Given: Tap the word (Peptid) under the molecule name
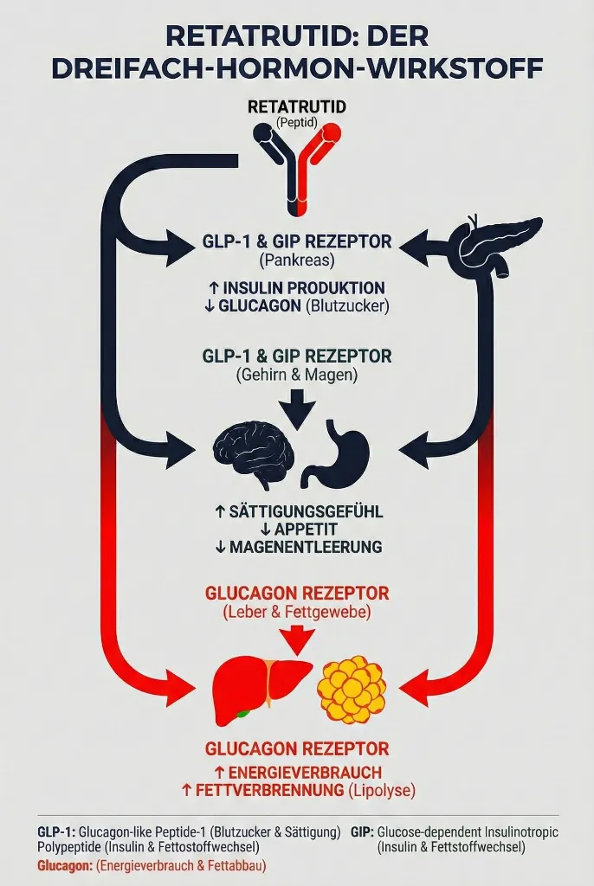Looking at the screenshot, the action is point(296,122).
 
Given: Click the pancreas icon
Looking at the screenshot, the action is point(498,245).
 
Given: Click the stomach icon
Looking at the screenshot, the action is point(336,453).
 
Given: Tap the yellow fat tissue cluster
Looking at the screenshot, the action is point(352,689).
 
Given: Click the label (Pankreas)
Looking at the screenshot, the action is point(297,260).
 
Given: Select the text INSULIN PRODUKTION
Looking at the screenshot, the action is point(304,287).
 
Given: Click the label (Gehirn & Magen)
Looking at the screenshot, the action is point(297,375).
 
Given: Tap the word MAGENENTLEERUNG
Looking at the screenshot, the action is point(306,547).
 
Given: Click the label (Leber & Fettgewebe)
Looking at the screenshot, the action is point(297,612).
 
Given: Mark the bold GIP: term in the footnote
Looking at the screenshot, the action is point(362,831).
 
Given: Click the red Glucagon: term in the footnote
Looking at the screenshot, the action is point(64,865).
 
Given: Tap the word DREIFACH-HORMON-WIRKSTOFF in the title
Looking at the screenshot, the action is point(297,68).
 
